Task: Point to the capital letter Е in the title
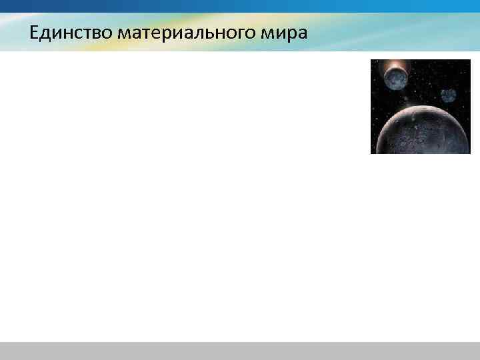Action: (x=34, y=32)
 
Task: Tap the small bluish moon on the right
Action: (x=448, y=95)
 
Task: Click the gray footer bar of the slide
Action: (x=240, y=351)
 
